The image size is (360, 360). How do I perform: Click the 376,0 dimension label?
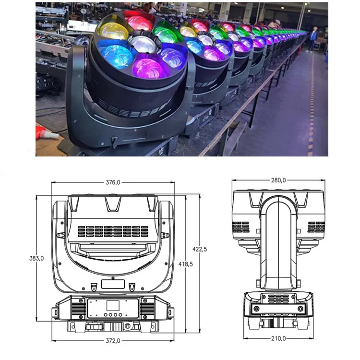click(x=113, y=182)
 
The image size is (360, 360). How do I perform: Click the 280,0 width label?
click(x=278, y=180)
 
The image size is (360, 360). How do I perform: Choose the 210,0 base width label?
click(x=278, y=338)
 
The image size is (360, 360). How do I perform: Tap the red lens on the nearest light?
click(x=140, y=23)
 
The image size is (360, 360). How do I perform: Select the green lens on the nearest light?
click(x=167, y=35)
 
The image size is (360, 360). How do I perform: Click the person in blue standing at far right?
click(x=314, y=38)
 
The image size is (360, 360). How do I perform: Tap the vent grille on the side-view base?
click(x=279, y=299)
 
